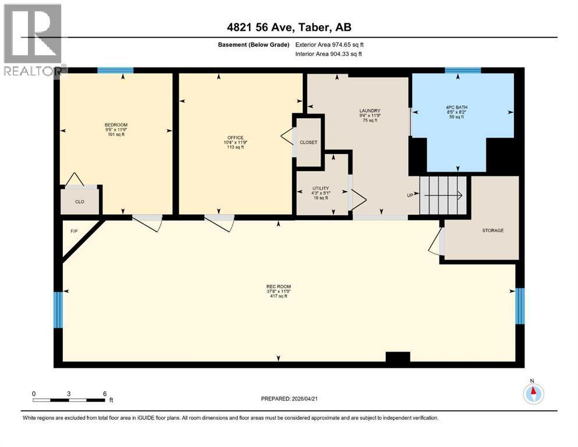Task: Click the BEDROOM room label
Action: (x=116, y=125)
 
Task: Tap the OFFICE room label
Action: (x=235, y=138)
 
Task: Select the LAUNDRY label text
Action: (x=370, y=111)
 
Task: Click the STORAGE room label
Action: (x=492, y=230)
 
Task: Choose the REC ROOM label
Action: (x=278, y=286)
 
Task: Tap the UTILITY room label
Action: (x=321, y=189)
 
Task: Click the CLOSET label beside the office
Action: (x=308, y=143)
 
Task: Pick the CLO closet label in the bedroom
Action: (x=80, y=201)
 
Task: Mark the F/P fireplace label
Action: (x=74, y=231)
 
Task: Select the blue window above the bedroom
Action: (x=115, y=71)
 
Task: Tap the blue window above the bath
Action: (x=463, y=71)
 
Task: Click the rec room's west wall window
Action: (x=57, y=310)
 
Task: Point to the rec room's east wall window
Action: (x=520, y=305)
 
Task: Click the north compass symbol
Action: (x=533, y=394)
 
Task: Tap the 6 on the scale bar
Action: (x=105, y=393)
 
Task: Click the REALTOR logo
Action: (x=33, y=41)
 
